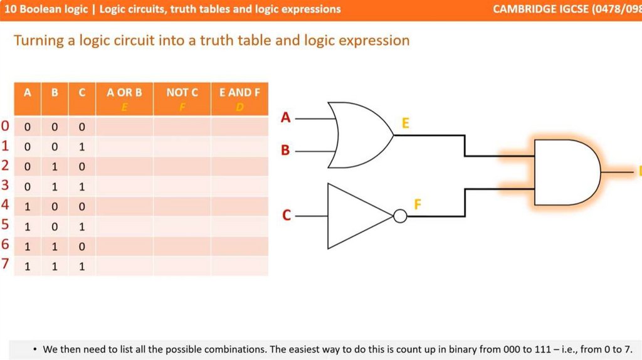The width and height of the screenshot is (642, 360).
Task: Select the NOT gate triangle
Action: coord(357,216)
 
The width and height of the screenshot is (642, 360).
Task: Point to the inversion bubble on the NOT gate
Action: coord(400,216)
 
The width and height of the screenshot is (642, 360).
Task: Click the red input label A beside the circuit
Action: coord(286,117)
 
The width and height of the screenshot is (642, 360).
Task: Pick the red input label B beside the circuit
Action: coord(286,151)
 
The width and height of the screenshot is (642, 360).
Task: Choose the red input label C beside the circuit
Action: coord(286,216)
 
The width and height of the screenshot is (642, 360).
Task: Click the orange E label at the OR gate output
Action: coord(405,124)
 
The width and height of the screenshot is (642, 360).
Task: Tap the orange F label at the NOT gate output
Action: coord(418,204)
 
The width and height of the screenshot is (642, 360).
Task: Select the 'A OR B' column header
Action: coord(124,93)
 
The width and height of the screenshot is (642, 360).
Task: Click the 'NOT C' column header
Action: coord(182,93)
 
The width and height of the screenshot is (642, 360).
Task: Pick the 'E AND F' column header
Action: coord(239,93)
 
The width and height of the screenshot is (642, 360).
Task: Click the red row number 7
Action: coord(5,264)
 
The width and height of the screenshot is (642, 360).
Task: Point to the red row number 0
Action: coord(5,127)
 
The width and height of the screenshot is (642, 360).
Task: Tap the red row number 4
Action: coord(5,205)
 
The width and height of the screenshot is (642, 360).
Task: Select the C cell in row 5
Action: coord(82,226)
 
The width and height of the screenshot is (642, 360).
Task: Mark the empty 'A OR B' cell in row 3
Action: coord(124,186)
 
